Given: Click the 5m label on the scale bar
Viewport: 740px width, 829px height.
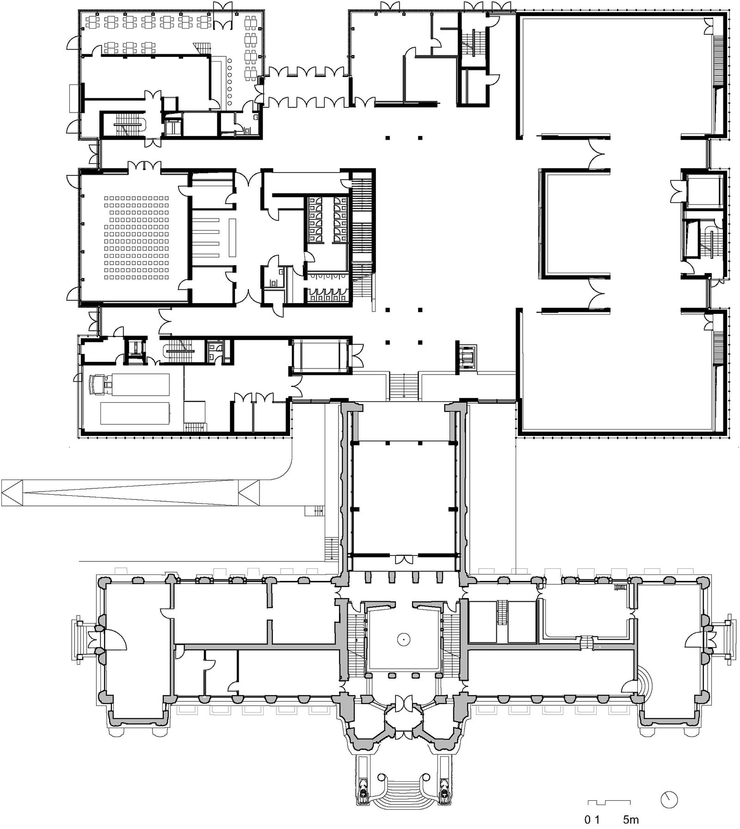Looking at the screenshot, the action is click(631, 820).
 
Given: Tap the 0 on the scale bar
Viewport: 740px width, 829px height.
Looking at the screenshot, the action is click(588, 820).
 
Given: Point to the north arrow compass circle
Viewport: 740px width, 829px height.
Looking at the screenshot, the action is click(669, 799).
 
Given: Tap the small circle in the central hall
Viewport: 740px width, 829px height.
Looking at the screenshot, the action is click(404, 639).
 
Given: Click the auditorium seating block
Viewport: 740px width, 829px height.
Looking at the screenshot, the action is click(136, 237).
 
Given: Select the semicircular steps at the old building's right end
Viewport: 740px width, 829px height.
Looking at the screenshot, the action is click(644, 679).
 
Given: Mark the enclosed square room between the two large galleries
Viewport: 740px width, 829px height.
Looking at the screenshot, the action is click(574, 223).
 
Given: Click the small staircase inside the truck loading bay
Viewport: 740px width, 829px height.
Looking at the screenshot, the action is click(194, 427).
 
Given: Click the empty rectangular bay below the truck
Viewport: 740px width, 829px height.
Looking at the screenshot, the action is click(135, 413).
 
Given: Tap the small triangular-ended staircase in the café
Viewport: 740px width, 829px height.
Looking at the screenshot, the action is click(203, 47).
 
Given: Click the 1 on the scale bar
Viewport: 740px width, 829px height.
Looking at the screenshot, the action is click(597, 820).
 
